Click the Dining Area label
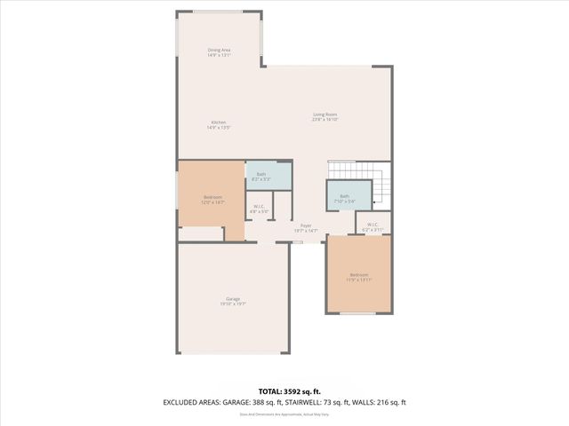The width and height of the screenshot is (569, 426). point(219,50)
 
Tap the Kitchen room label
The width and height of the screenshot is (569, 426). point(219,122)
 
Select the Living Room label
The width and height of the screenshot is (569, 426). point(325,113)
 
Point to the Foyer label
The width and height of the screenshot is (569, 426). point(306,225)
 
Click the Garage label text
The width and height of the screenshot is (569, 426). point(233,298)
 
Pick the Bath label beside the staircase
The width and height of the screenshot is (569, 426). point(344,195)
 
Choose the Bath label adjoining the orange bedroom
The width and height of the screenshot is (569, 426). point(261,174)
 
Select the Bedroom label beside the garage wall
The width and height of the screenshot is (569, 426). point(213,196)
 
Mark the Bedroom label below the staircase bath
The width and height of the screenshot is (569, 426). point(359,275)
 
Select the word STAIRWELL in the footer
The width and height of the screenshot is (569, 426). point(325,402)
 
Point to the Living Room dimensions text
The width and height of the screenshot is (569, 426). point(325,118)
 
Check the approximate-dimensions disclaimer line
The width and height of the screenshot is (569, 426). point(284,414)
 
